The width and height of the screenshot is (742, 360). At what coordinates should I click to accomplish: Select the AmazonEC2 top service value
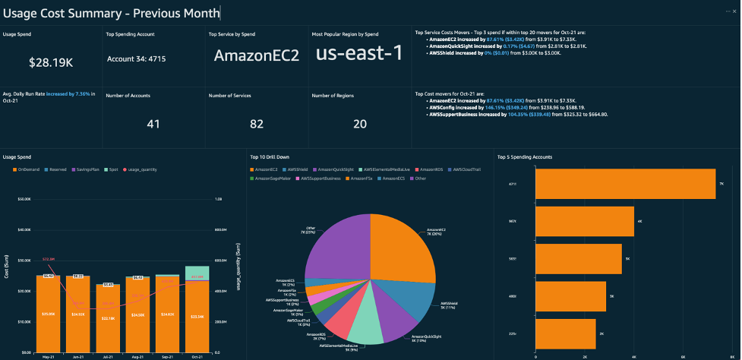pos(256,55)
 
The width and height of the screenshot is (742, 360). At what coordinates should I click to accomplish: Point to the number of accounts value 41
pos(153,124)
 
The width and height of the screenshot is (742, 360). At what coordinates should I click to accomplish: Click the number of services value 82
pos(256,124)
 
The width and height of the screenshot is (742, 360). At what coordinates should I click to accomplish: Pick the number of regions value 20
pos(359,124)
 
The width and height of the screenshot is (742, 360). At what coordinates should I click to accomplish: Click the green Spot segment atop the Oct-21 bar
pos(197,273)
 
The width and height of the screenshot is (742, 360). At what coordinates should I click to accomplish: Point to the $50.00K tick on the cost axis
pos(23,199)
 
